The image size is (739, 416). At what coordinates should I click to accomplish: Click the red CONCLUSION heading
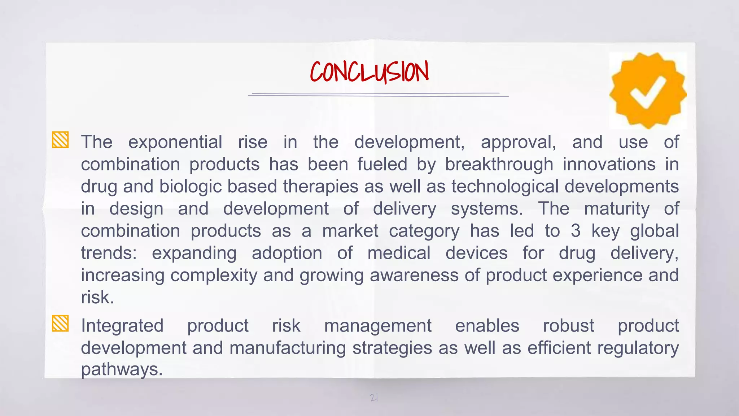tap(369, 72)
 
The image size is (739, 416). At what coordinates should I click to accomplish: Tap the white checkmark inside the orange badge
tap(648, 92)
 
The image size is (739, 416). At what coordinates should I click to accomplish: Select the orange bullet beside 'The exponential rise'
tap(60, 140)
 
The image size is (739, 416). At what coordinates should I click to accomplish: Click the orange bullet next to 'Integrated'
tap(60, 323)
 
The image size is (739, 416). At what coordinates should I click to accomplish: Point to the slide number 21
tap(374, 398)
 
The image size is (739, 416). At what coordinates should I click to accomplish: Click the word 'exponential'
tap(175, 142)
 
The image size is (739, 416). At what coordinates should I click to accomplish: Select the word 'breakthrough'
tap(499, 164)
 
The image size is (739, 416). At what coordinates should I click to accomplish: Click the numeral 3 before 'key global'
tap(576, 231)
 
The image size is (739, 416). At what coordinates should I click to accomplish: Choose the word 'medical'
tap(399, 253)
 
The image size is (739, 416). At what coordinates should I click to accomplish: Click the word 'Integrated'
tap(122, 326)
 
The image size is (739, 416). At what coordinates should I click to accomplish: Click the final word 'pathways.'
tap(122, 369)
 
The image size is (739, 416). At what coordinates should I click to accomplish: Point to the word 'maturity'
tap(617, 209)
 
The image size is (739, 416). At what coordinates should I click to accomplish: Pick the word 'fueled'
tap(382, 164)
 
